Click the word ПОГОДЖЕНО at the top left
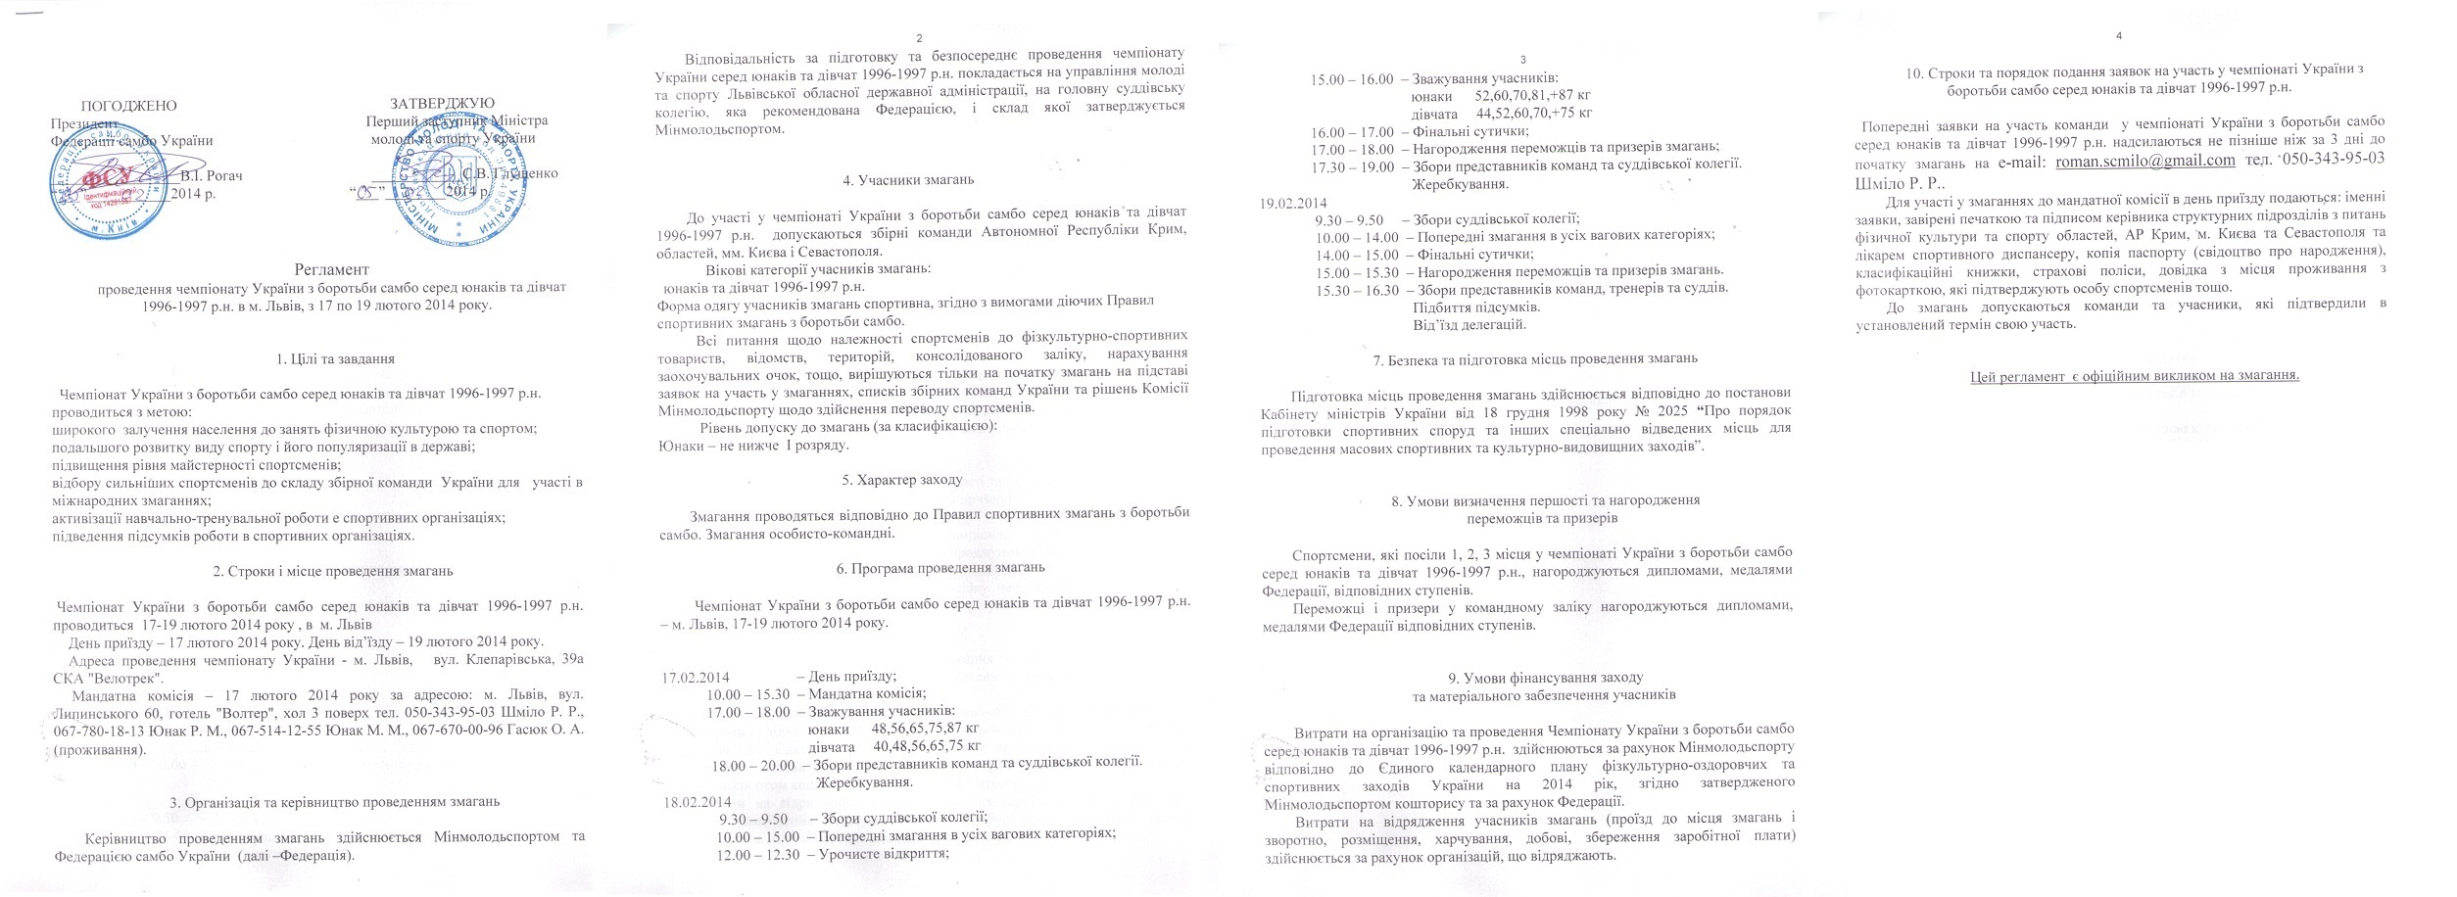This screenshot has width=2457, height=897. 128,105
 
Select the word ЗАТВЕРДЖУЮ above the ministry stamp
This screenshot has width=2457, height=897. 442,103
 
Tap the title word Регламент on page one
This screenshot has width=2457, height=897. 331,269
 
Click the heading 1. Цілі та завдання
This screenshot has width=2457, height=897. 336,358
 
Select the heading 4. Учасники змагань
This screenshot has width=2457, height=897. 908,180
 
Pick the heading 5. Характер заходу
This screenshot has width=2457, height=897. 901,480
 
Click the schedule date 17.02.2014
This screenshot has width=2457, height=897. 696,677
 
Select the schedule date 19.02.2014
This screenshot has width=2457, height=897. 1292,204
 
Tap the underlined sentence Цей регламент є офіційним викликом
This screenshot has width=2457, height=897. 2134,376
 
